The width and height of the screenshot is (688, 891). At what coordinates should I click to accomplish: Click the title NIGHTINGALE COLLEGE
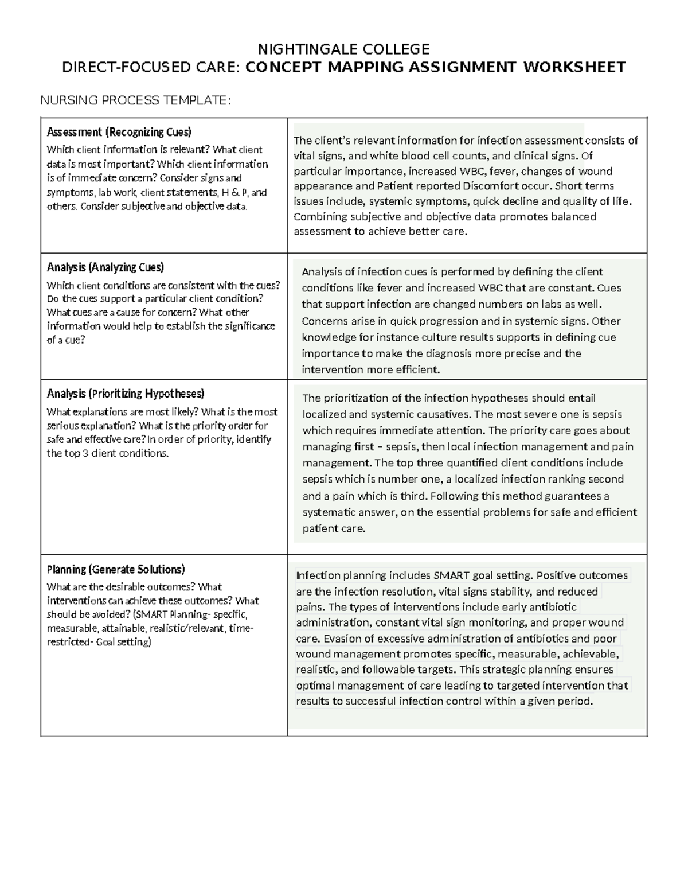click(x=343, y=49)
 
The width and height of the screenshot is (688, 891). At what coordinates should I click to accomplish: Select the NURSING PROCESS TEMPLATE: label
click(x=135, y=101)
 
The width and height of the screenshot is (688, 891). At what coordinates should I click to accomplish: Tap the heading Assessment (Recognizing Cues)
click(x=119, y=132)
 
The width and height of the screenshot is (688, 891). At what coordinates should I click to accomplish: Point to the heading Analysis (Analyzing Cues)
click(x=105, y=267)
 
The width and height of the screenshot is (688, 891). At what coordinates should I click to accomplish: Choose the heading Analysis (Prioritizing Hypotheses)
click(x=126, y=394)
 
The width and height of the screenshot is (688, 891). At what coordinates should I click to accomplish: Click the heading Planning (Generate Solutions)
click(x=116, y=569)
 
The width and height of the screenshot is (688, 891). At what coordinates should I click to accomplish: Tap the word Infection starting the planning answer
click(x=318, y=575)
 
